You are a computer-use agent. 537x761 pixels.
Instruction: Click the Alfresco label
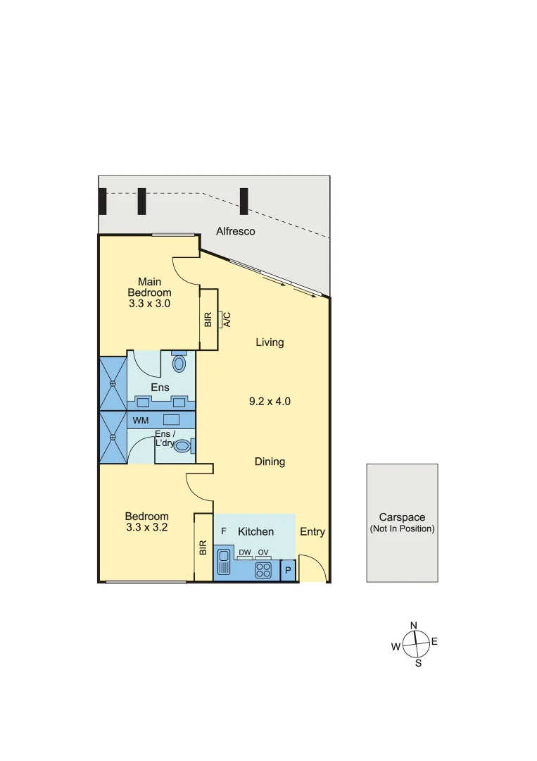(x=235, y=231)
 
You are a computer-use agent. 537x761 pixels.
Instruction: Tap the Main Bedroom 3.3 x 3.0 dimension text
(x=149, y=304)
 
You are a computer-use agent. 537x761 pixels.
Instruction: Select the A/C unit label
(x=227, y=319)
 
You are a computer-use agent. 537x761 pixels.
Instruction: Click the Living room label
(x=270, y=342)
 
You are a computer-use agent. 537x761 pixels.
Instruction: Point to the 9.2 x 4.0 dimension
(x=270, y=402)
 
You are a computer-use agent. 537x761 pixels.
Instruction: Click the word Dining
(x=270, y=462)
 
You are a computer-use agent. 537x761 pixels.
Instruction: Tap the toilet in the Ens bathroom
(x=179, y=363)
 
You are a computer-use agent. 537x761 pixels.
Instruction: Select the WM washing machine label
(x=141, y=421)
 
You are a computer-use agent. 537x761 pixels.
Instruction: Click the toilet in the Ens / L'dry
(x=183, y=445)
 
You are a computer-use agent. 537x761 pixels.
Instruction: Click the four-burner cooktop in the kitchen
(x=263, y=569)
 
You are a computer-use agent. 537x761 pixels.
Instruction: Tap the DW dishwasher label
(x=245, y=552)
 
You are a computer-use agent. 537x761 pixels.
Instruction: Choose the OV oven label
(x=263, y=552)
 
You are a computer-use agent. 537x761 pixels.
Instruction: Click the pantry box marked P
(x=288, y=570)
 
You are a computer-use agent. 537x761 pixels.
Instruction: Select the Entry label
(x=312, y=532)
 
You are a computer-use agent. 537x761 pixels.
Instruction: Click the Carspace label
(x=402, y=517)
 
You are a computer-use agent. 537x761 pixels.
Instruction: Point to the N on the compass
(x=414, y=626)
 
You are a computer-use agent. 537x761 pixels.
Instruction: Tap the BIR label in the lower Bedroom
(x=203, y=547)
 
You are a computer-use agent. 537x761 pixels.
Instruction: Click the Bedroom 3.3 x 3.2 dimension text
(x=146, y=526)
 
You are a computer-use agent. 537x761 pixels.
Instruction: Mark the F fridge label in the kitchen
(x=224, y=531)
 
